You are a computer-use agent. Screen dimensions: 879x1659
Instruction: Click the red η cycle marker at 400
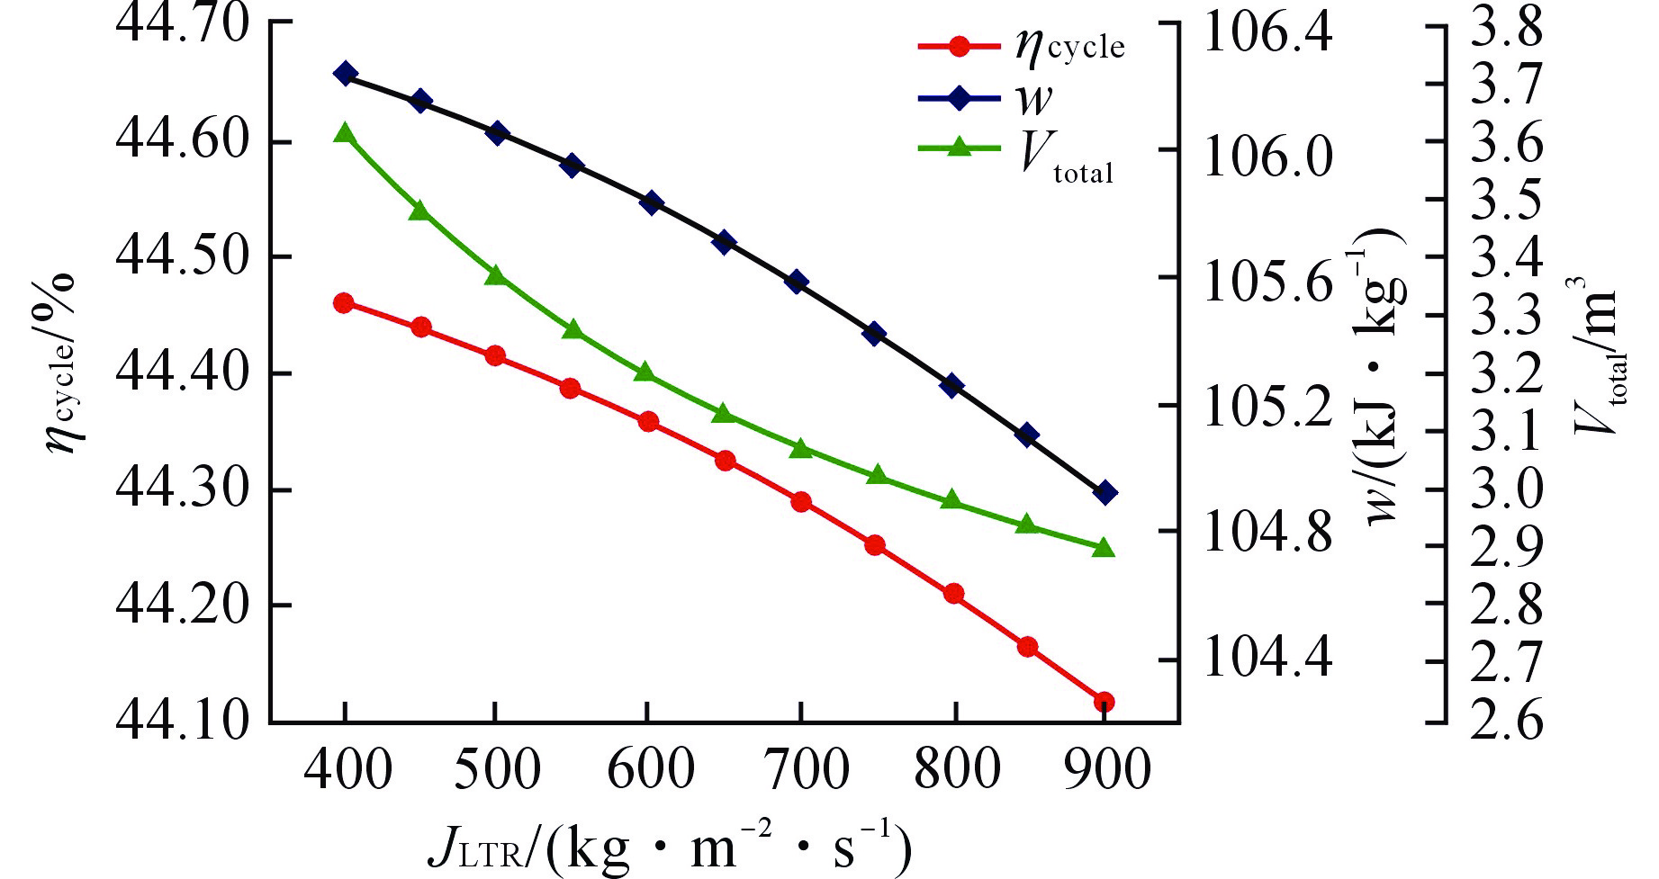click(343, 303)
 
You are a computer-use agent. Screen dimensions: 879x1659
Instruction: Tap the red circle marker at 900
click(1104, 702)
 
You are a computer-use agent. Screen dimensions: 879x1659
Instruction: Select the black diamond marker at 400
click(345, 74)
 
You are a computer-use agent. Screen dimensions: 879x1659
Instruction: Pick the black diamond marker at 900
click(1105, 492)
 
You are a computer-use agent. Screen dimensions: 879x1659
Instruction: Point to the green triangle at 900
click(1104, 548)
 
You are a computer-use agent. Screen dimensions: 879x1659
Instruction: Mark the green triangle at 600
click(645, 372)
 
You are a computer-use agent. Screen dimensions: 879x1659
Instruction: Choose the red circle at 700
click(801, 501)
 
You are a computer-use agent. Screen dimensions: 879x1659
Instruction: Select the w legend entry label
click(1033, 98)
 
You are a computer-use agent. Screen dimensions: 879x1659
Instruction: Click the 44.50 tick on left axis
click(183, 256)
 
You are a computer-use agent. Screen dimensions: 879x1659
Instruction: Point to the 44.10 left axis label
click(183, 720)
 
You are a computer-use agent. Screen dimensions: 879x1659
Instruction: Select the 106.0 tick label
click(1267, 157)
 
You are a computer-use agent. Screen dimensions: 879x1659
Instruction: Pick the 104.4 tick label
click(1267, 659)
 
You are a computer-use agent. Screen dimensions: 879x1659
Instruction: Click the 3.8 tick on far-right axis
click(1506, 27)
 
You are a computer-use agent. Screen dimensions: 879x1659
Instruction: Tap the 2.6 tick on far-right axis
click(1506, 720)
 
